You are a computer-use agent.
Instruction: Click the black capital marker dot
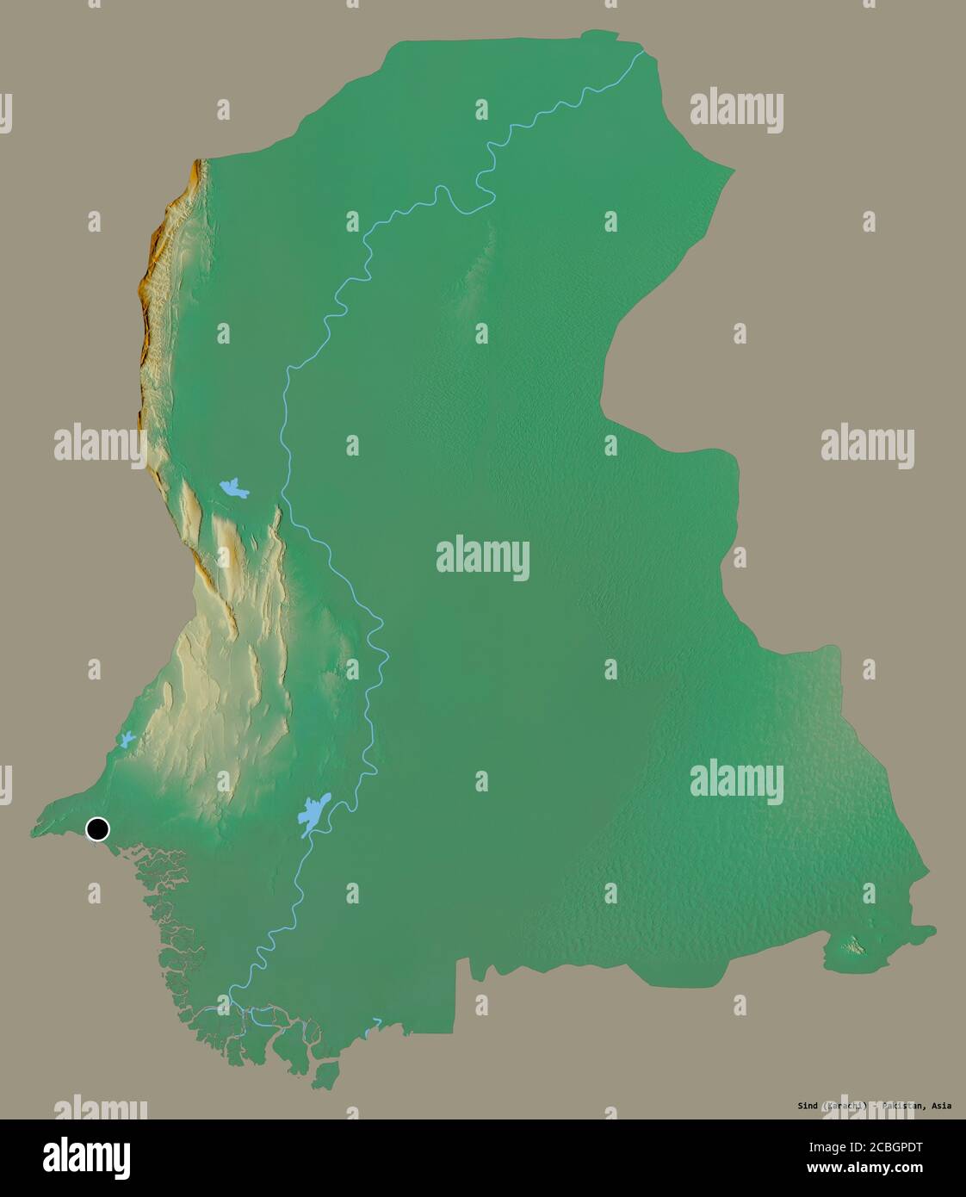[97, 829]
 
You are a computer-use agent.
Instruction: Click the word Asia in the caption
[942, 1106]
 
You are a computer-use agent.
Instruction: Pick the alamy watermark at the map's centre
[482, 557]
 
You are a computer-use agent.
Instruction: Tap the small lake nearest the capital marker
[127, 739]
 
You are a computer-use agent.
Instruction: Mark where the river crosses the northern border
[642, 53]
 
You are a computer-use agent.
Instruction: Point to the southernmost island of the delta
[325, 1075]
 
